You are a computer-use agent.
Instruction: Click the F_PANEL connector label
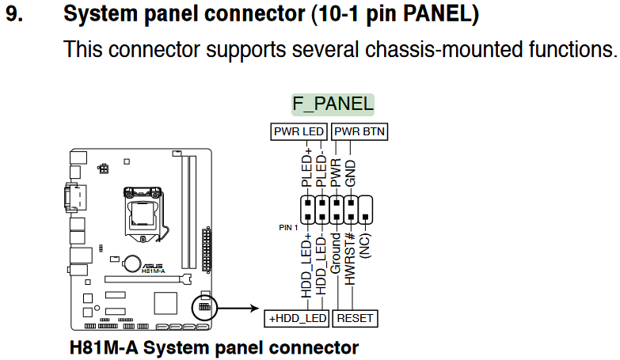point(333,104)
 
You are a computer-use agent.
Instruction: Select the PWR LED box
point(299,131)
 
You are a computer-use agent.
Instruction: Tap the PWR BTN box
point(360,131)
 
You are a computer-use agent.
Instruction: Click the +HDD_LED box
point(296,318)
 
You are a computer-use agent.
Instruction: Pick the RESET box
point(355,318)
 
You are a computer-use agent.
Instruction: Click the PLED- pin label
point(321,171)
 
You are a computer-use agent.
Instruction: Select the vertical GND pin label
point(351,174)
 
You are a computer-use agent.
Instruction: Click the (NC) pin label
point(365,245)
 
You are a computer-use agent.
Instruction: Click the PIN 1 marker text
point(286,227)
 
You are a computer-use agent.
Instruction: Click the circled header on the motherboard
point(203,306)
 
